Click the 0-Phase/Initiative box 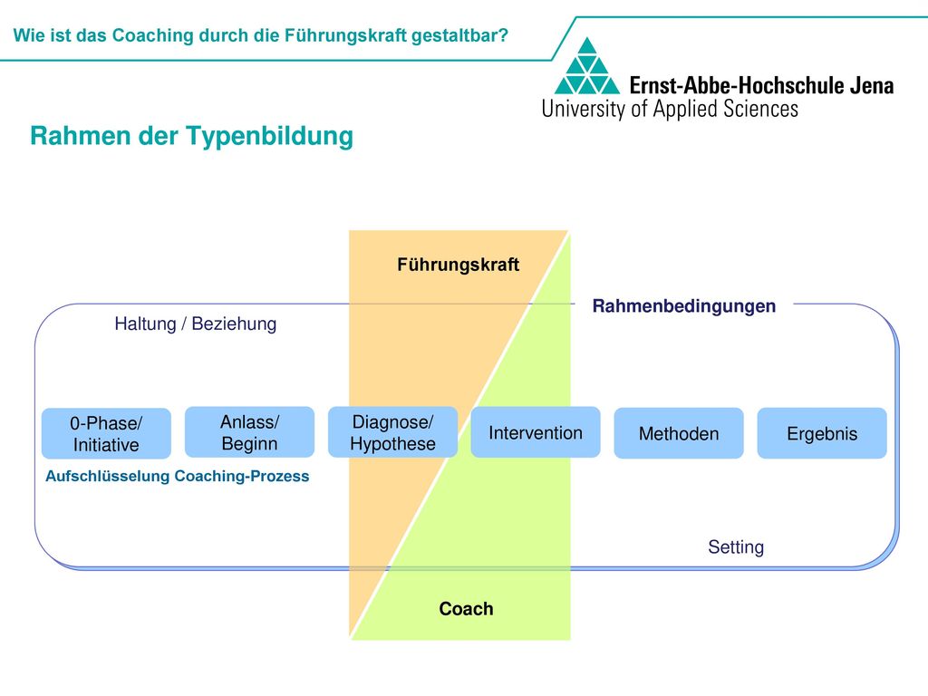(107, 434)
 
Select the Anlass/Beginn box (250, 432)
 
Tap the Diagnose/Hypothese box (393, 432)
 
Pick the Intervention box (536, 432)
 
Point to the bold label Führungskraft (458, 265)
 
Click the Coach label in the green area (467, 609)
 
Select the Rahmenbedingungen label (684, 306)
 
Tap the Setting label (736, 546)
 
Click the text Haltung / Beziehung (196, 324)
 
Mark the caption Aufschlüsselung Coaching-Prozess (178, 477)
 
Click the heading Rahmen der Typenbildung (192, 136)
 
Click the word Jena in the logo (872, 86)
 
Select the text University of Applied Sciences (670, 109)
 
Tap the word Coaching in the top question (152, 35)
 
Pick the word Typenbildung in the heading (270, 136)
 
